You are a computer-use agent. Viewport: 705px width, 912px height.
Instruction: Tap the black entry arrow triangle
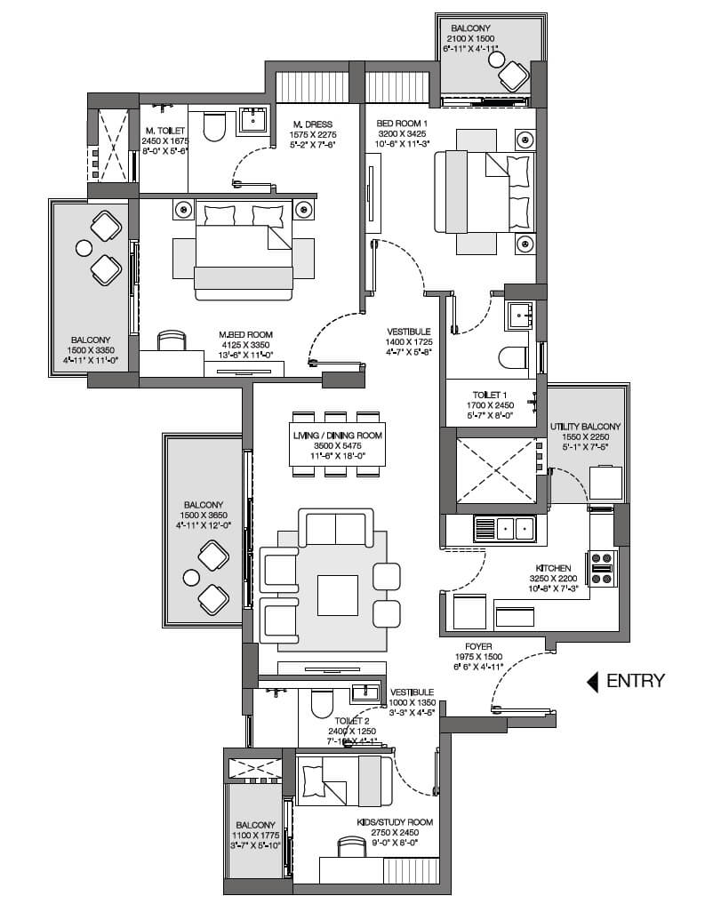(591, 682)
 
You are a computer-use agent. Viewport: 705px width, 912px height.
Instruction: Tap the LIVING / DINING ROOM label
(337, 435)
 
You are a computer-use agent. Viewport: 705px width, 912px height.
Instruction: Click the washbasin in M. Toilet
(254, 122)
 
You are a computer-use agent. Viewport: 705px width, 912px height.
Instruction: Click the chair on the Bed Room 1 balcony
(513, 75)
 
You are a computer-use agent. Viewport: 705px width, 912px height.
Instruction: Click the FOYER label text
(477, 647)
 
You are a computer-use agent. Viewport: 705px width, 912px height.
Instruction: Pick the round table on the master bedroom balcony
(84, 248)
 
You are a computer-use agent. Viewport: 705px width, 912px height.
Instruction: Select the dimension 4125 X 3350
(244, 345)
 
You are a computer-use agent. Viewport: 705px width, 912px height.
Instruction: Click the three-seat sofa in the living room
(336, 528)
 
